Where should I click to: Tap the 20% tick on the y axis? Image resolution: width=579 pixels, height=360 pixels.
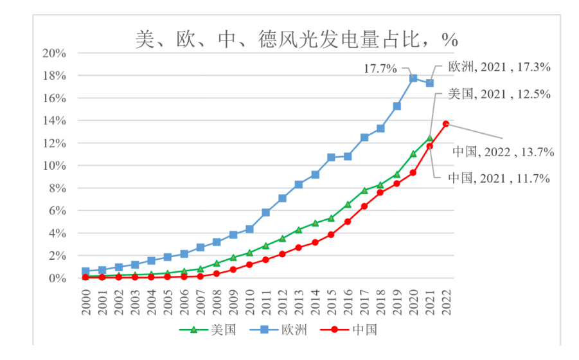click(54, 53)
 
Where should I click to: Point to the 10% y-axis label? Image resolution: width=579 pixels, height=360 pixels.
click(54, 166)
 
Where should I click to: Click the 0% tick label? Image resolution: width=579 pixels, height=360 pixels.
click(57, 278)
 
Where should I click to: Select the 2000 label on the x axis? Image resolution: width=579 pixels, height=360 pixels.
click(86, 301)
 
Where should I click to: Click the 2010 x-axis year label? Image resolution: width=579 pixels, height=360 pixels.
click(249, 301)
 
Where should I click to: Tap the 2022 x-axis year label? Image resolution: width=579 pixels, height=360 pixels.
click(445, 301)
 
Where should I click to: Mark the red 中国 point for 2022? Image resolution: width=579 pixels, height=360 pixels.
click(445, 123)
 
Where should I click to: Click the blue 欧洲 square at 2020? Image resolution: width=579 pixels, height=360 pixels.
click(413, 78)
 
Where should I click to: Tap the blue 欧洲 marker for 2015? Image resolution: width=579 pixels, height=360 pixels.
click(332, 157)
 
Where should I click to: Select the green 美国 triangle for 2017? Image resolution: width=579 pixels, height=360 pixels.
click(364, 190)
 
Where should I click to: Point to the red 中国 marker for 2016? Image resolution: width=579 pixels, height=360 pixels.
click(348, 222)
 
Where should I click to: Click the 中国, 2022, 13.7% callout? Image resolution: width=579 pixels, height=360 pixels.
click(503, 152)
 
